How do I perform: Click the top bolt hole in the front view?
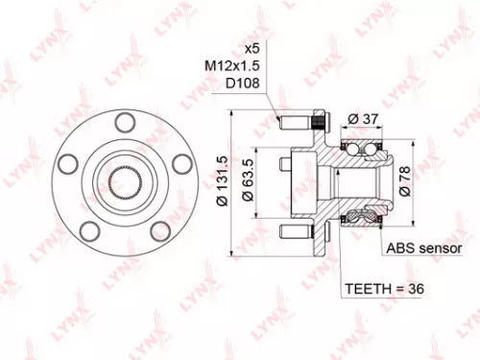point(123,121)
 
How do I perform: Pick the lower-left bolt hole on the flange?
point(90,229)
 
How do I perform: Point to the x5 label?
point(252,48)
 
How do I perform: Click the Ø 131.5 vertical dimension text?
point(222,180)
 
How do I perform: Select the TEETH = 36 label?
point(385,288)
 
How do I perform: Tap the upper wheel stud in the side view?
point(300,123)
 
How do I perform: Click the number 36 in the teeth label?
point(415,288)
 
